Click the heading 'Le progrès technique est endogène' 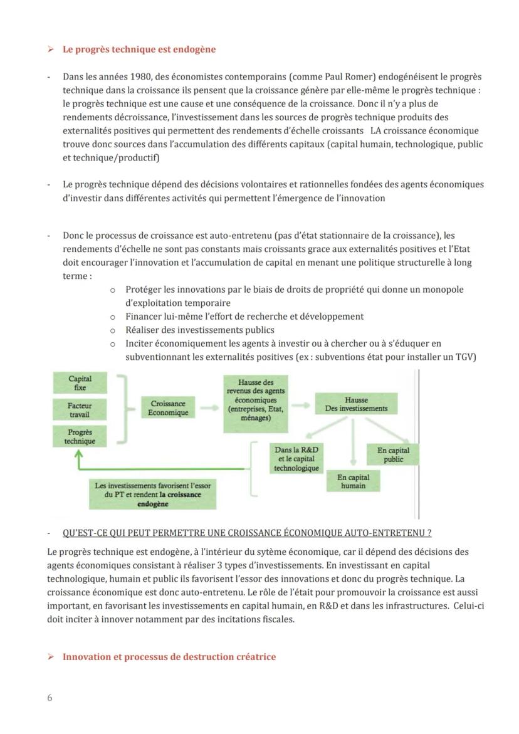tap(139, 50)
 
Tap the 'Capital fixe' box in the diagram tap(80, 383)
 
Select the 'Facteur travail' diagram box tap(80, 410)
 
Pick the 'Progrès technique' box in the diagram tap(80, 436)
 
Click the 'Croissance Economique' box tap(168, 408)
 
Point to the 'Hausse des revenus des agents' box tap(255, 404)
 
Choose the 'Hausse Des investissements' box tap(355, 404)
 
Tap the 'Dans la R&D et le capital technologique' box tap(296, 459)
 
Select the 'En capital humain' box tap(353, 481)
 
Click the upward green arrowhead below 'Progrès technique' tap(79, 457)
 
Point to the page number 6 tap(50, 698)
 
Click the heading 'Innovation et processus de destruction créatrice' tap(169, 656)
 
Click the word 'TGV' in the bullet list tap(466, 357)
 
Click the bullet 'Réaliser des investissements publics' tap(199, 330)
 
